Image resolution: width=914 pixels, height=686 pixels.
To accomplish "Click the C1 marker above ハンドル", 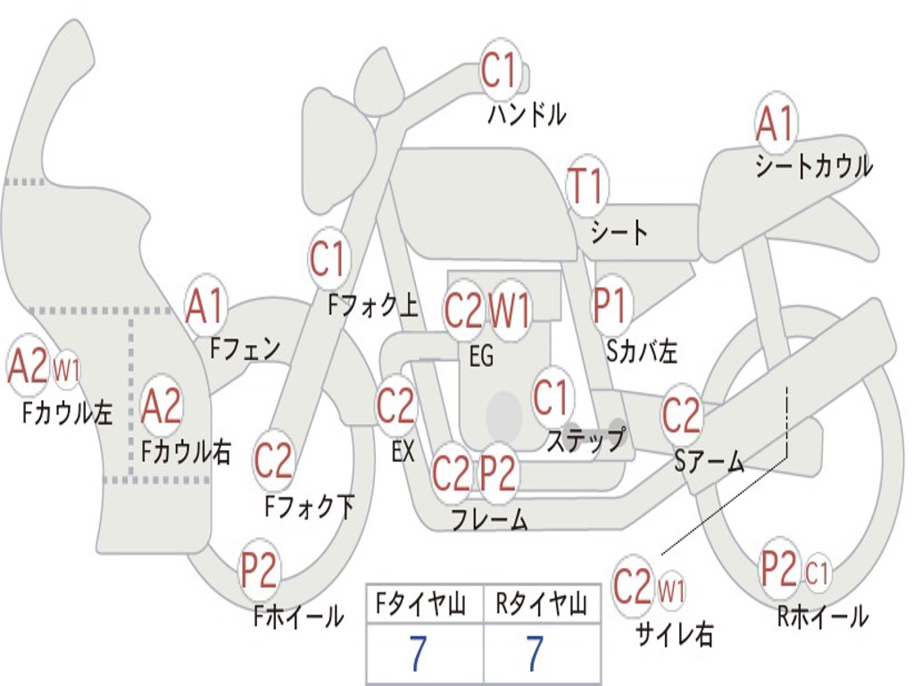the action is (500, 70).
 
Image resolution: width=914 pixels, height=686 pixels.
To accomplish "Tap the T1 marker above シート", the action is (587, 187).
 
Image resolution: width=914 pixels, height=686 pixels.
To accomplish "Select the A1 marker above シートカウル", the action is (776, 123).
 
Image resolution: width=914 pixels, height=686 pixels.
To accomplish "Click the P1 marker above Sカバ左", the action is (611, 305).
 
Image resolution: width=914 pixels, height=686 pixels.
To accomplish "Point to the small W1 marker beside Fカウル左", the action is (66, 370).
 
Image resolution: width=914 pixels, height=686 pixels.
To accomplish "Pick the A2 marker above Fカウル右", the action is (162, 406).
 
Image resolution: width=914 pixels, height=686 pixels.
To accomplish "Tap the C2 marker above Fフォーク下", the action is (273, 461).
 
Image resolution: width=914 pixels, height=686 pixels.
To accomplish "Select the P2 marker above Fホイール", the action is (259, 570).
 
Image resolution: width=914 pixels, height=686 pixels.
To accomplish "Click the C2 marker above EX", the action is (395, 406).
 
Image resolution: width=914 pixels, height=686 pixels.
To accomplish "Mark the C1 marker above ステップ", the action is (551, 397).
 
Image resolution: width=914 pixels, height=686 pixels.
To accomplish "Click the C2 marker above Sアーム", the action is (681, 414).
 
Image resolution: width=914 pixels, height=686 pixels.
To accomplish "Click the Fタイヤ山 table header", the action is (420, 605).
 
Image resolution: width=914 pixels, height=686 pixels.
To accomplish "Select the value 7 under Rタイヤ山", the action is (536, 653).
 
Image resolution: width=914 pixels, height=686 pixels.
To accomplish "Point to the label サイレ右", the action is (674, 633).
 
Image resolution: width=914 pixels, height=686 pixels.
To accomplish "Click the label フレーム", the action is (490, 519).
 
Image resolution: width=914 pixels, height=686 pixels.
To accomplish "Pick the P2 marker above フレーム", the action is (498, 473).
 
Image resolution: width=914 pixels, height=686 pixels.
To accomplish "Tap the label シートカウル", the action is (814, 166).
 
